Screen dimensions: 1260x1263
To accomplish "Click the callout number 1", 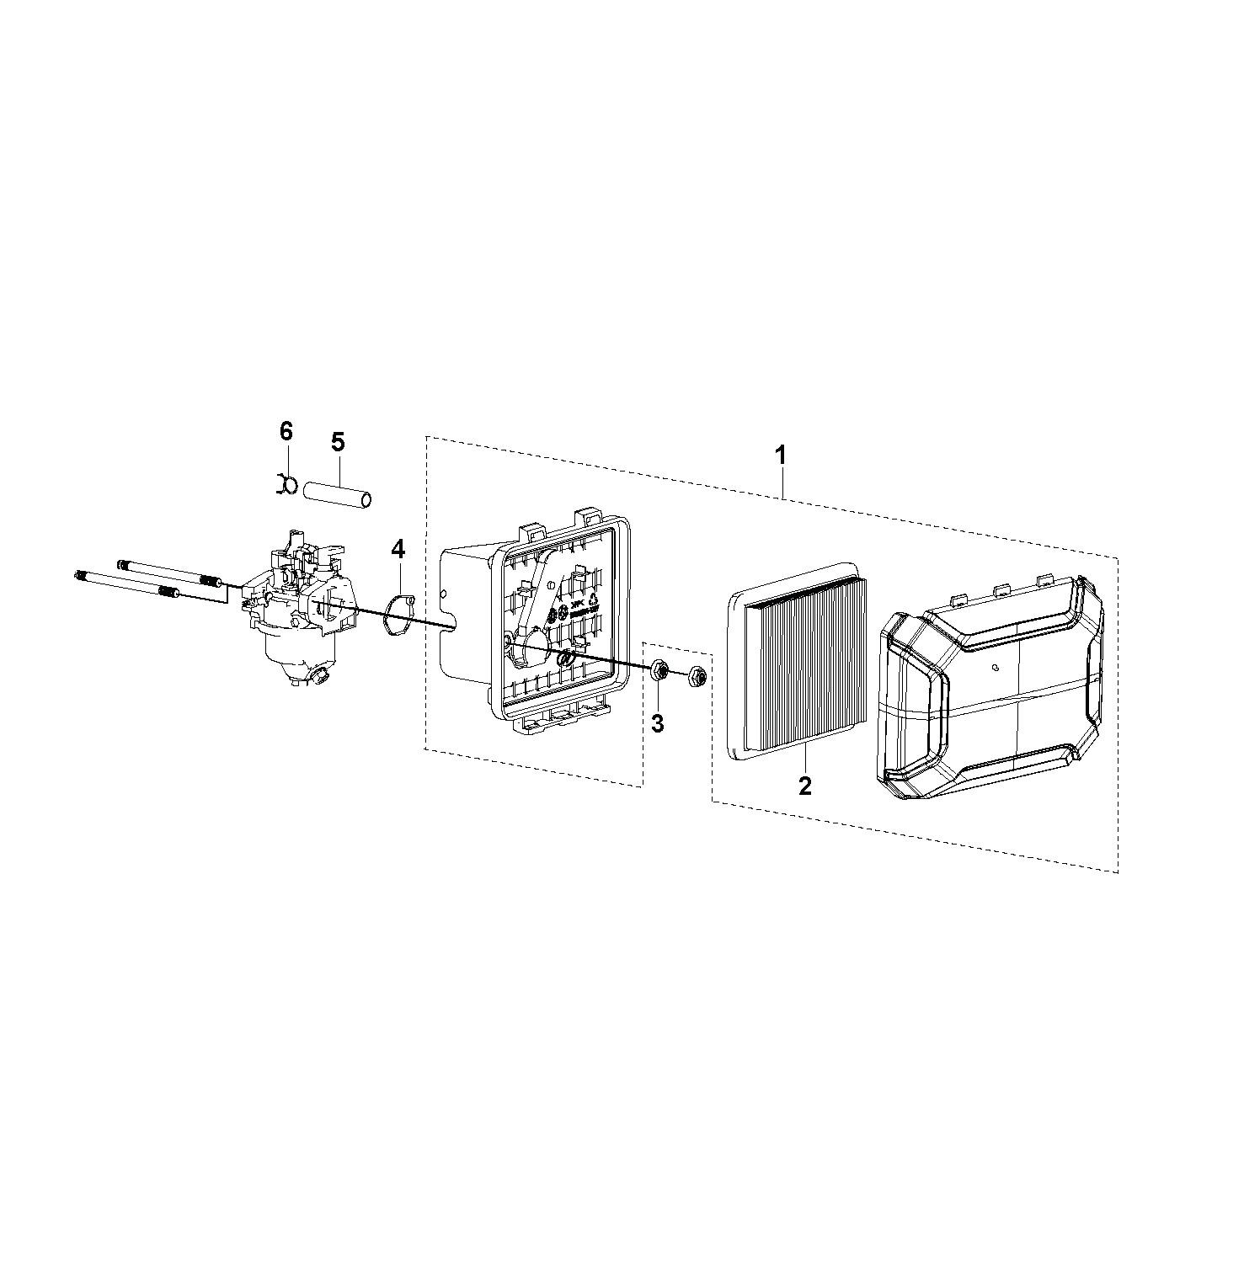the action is coord(781,456).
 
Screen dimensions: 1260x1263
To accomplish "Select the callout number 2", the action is coord(805,786).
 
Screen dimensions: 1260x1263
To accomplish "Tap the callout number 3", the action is coord(658,722).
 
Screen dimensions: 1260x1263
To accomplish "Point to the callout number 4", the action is coord(398,551).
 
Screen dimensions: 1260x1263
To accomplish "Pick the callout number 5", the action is coord(338,441).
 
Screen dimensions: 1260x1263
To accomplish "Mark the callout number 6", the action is coord(286,432).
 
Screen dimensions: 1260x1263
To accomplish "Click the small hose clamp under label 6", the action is coord(285,486).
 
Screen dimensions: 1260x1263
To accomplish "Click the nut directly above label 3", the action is coord(659,670).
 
